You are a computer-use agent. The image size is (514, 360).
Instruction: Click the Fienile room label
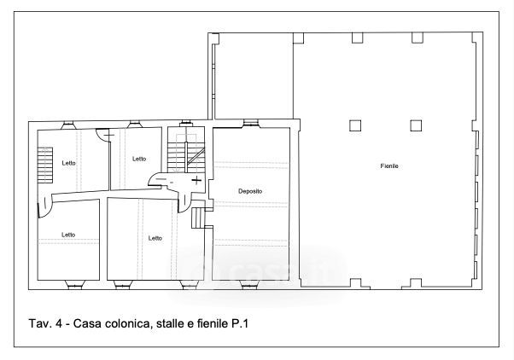point(389,166)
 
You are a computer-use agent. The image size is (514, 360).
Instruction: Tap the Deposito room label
point(250,191)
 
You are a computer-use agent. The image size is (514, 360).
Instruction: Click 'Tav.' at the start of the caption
point(39,323)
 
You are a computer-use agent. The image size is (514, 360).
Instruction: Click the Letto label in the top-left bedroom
point(68,163)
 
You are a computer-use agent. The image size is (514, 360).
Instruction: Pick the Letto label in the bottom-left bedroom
point(68,235)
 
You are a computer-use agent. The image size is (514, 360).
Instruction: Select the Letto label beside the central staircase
point(139,159)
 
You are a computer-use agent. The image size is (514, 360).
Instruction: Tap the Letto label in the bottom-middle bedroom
point(155,238)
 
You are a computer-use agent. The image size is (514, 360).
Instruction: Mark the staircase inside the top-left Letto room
point(45,165)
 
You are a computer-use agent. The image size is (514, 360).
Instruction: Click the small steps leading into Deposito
point(198,218)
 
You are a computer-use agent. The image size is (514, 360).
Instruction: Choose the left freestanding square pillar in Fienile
point(355,125)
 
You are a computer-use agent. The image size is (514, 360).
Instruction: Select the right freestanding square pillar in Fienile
point(416,125)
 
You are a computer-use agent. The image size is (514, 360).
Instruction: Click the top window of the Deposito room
point(251,124)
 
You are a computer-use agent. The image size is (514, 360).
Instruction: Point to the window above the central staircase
point(186,124)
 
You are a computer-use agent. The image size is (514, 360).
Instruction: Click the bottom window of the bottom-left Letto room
point(75,285)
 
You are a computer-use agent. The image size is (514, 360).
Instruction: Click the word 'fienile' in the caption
point(212,323)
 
